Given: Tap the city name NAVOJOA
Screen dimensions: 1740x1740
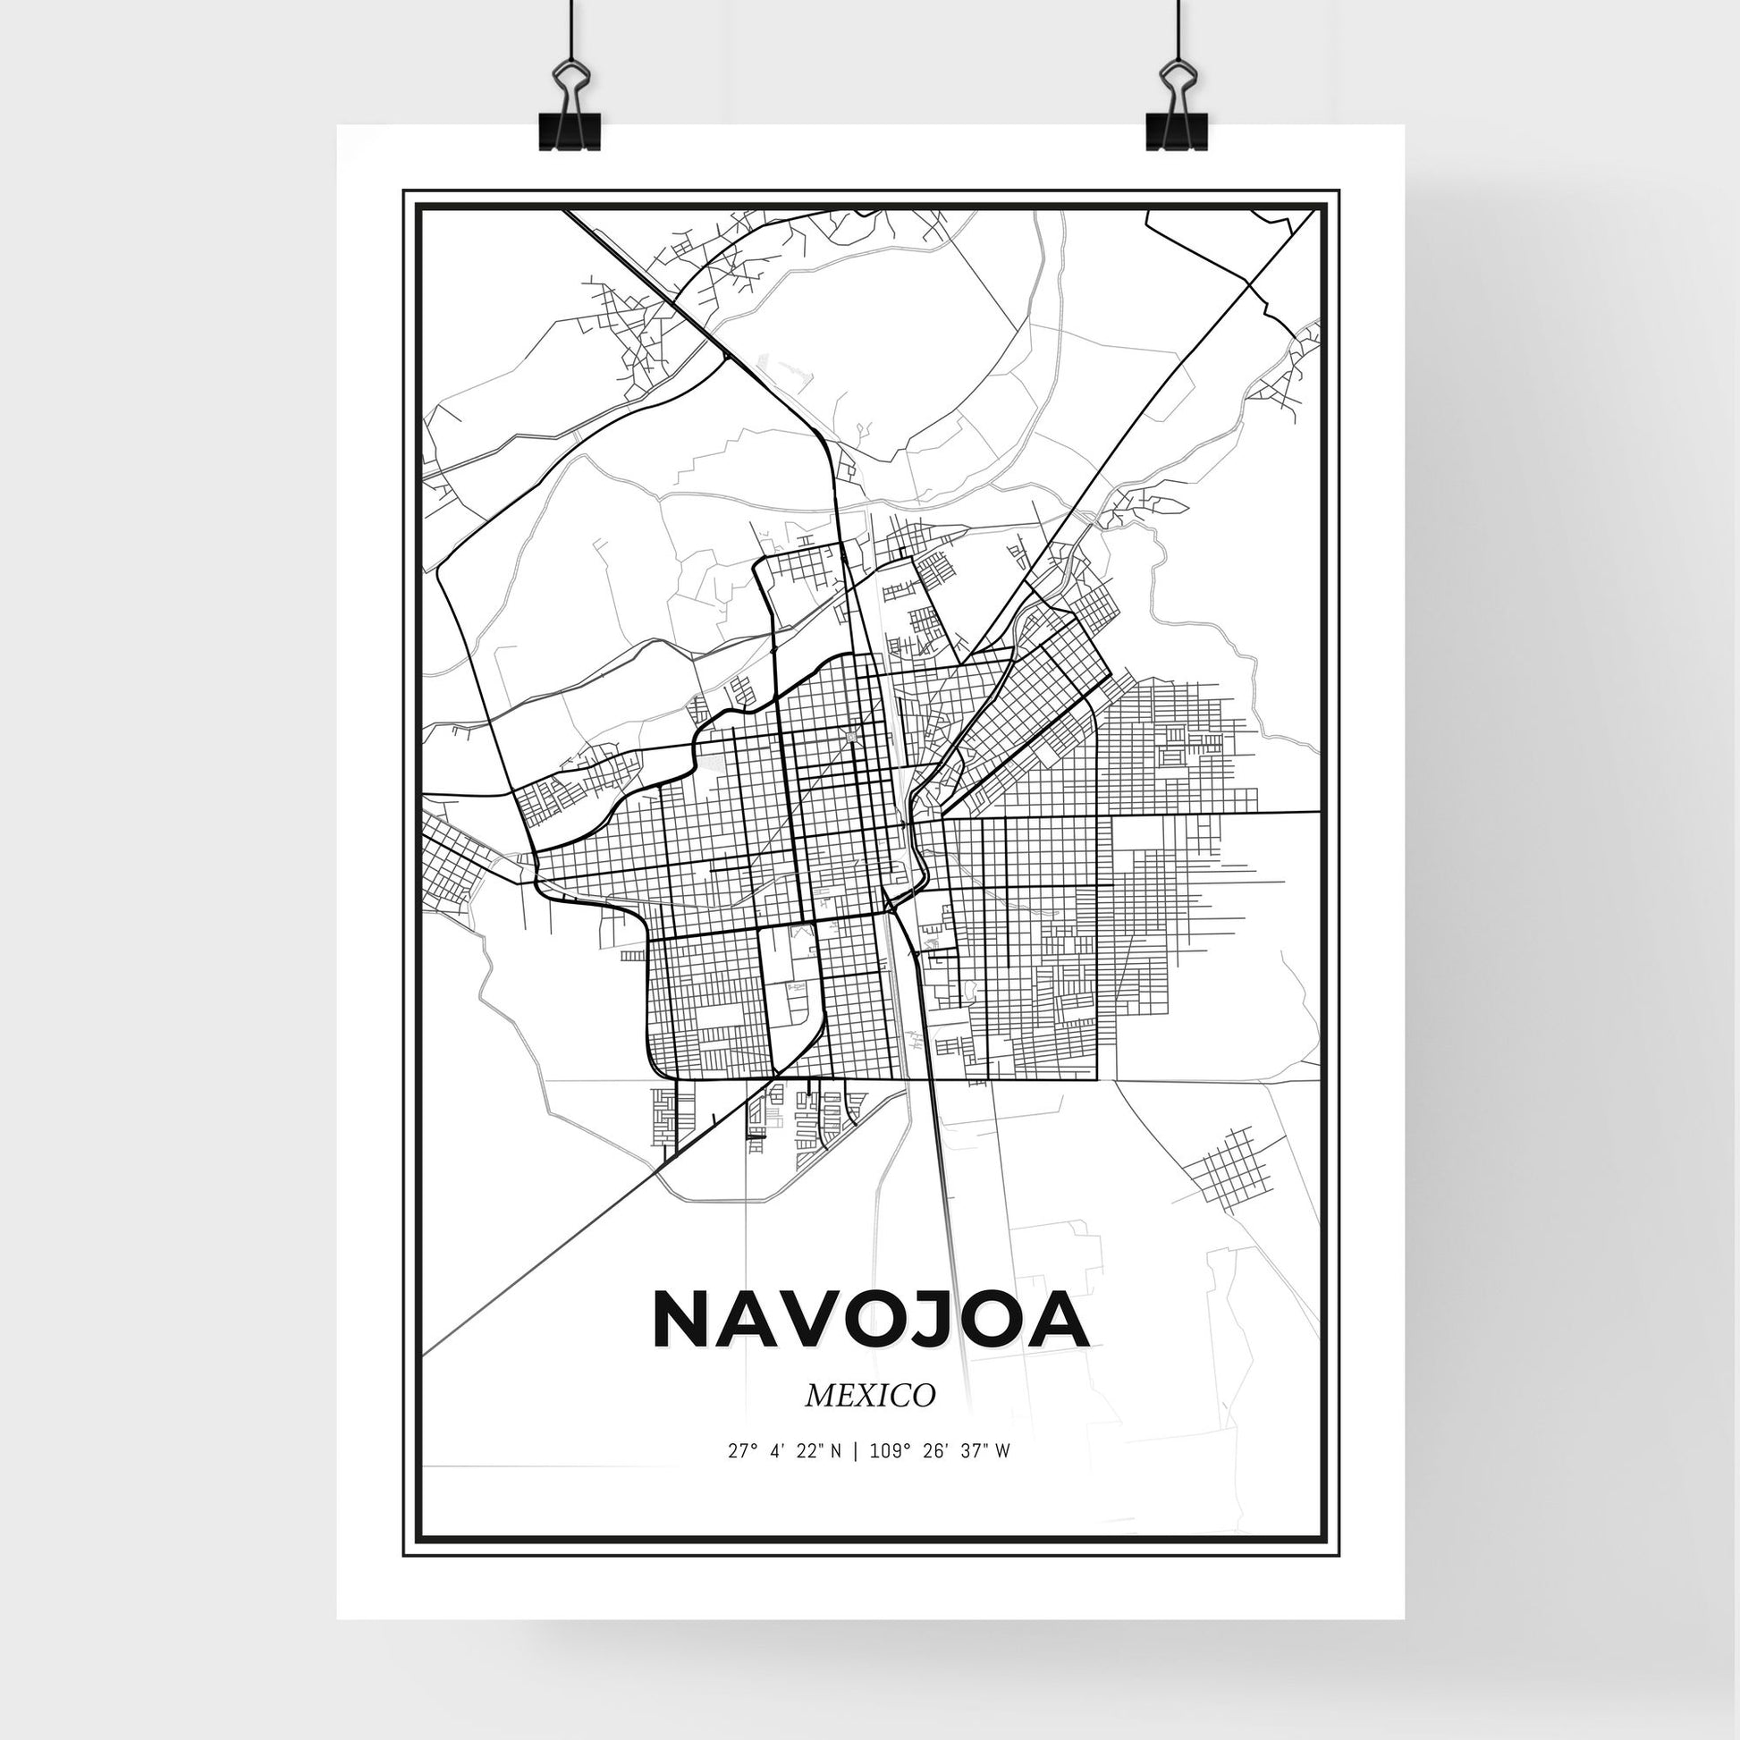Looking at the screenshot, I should click(870, 1321).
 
